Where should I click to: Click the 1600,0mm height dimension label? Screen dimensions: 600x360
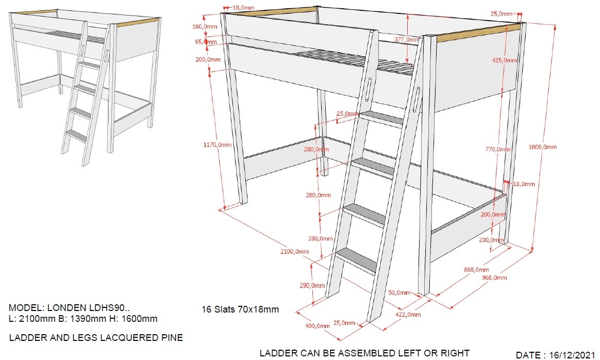tap(543, 146)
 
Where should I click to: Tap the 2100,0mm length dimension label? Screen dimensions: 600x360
tap(295, 251)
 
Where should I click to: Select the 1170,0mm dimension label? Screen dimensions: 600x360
tap(218, 144)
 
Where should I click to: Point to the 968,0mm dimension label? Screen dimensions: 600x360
tap(494, 277)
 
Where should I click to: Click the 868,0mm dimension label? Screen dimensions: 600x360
tap(476, 270)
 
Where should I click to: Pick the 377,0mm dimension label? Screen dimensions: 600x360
tap(406, 39)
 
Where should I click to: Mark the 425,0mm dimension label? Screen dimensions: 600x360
tap(505, 60)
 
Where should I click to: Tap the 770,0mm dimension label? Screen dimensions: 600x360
tap(498, 149)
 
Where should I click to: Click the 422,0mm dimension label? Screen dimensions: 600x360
tap(408, 315)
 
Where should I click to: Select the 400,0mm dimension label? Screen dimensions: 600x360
tap(317, 325)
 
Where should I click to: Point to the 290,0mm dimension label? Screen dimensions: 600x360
tap(312, 285)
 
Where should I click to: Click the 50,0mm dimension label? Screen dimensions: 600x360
tap(399, 292)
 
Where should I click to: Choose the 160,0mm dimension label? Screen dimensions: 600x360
tap(205, 26)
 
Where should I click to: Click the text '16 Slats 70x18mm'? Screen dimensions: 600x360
tap(240, 309)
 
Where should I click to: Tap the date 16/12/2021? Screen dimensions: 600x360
tap(572, 355)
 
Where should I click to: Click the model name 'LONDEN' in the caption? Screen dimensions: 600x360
tap(67, 307)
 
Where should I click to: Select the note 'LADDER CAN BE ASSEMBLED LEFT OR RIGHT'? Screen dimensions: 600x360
tap(364, 353)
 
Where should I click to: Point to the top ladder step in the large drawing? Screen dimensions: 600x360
tap(381, 119)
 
